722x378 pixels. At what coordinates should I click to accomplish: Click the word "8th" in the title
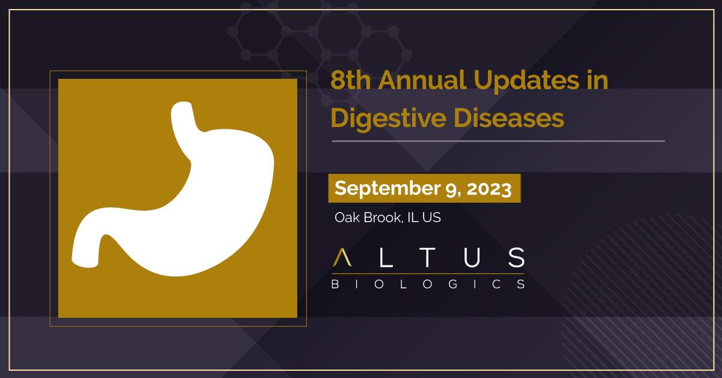(351, 79)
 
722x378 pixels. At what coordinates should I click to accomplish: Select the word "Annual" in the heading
(422, 79)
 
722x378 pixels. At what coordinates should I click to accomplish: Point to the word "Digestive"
(389, 119)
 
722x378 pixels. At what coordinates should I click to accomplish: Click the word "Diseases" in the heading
(508, 118)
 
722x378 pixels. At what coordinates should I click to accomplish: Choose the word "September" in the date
(387, 188)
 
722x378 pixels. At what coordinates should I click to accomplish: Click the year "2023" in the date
(489, 188)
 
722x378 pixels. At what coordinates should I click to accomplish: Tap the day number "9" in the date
(453, 190)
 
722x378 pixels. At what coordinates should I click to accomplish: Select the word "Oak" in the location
(347, 217)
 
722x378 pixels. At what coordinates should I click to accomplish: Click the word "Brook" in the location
(383, 218)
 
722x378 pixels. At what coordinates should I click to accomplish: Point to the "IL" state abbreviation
(413, 217)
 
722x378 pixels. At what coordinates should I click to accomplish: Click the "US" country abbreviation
(431, 217)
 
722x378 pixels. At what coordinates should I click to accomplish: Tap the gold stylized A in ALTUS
(342, 258)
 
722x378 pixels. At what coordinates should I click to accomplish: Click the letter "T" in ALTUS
(427, 258)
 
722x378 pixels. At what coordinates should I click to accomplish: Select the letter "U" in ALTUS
(472, 258)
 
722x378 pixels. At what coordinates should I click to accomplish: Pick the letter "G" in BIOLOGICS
(453, 284)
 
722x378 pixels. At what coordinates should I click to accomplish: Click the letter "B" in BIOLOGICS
(335, 284)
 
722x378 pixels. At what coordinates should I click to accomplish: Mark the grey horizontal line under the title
(498, 141)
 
